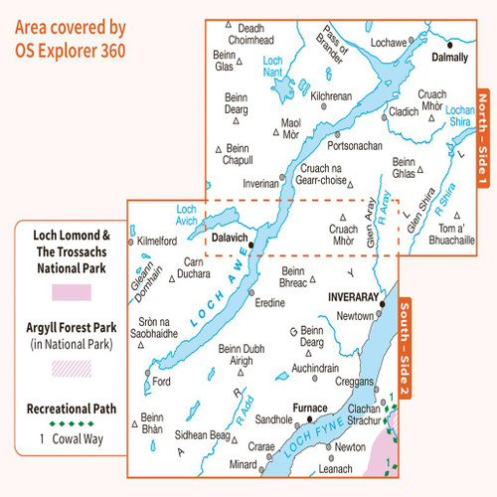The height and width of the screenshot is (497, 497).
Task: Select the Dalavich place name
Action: click(x=230, y=239)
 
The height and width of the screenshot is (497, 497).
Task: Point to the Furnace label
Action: click(x=309, y=408)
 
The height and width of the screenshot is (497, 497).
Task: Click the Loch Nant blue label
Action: click(x=272, y=67)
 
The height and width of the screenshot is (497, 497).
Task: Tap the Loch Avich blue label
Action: click(x=187, y=215)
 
